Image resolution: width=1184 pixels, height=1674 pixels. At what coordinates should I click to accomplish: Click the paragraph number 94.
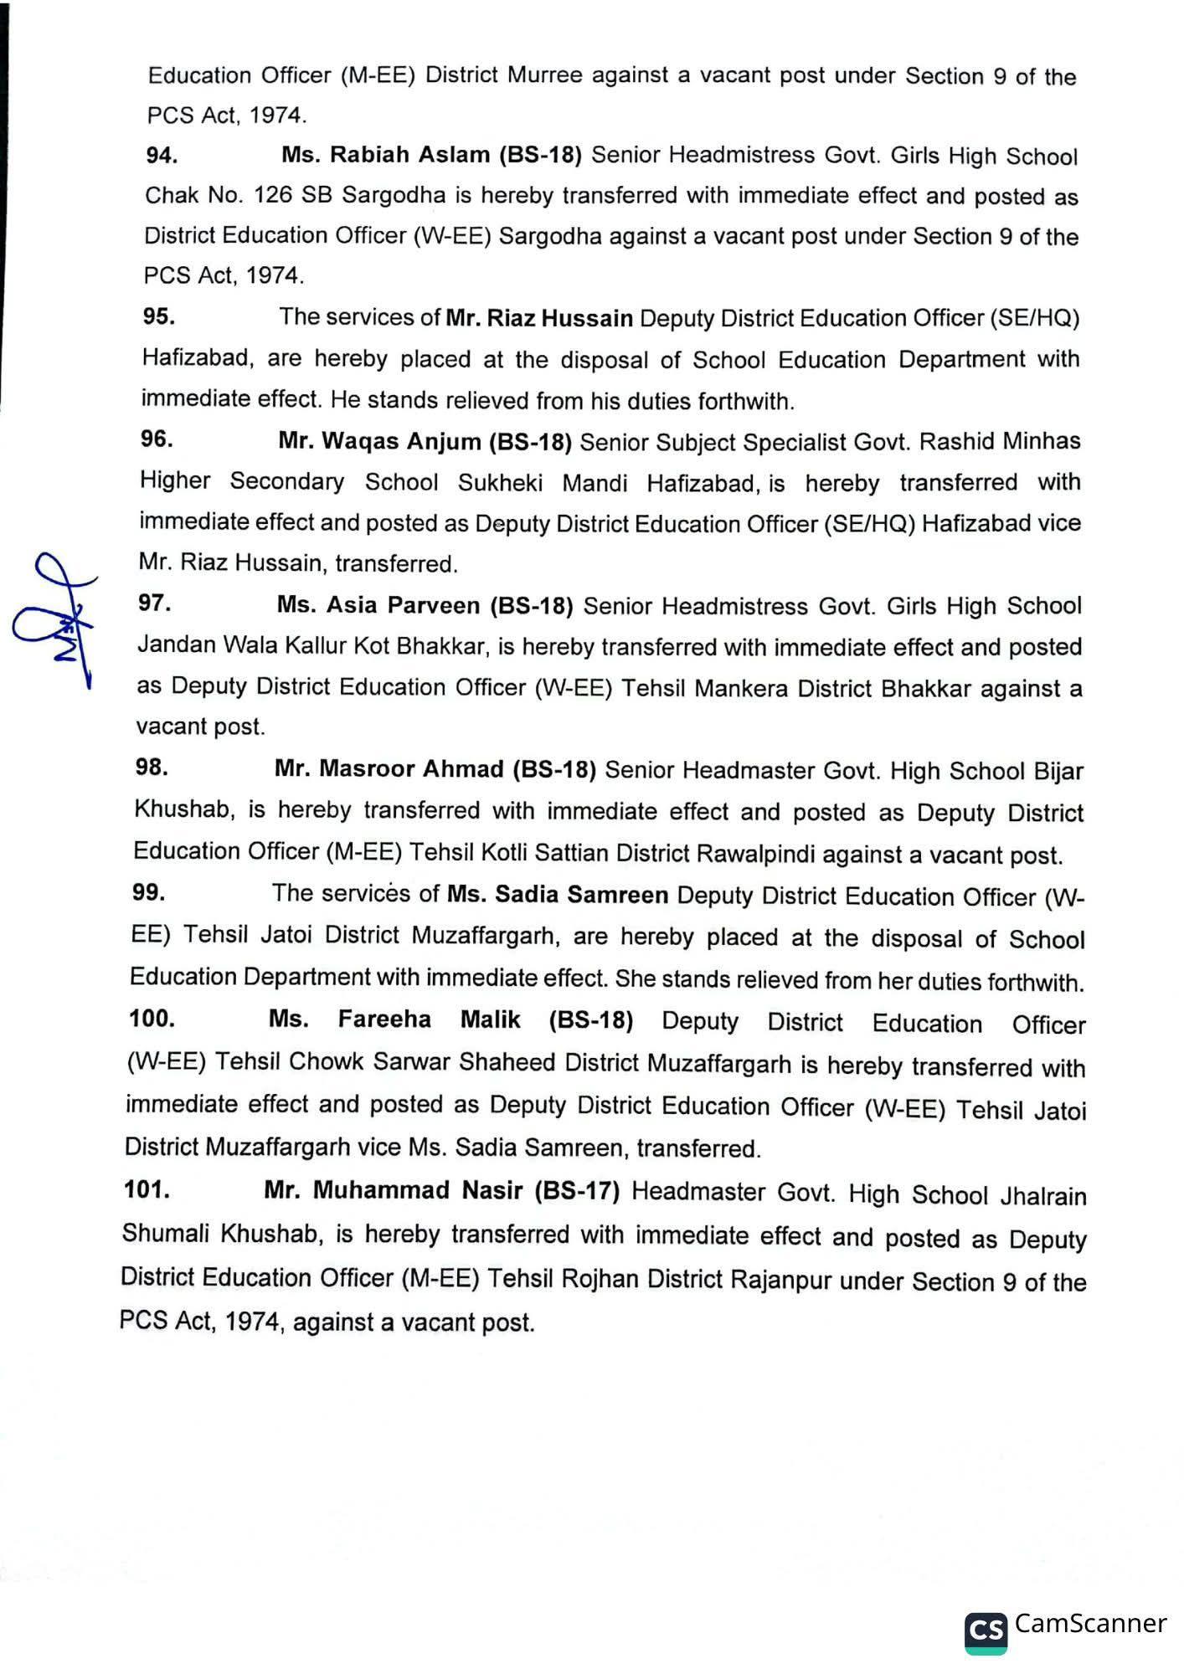161,155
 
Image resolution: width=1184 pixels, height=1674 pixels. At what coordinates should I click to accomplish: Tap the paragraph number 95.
158,316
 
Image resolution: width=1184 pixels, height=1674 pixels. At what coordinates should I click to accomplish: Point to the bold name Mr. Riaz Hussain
539,319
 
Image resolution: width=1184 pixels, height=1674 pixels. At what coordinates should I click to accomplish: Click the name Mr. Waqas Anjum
379,441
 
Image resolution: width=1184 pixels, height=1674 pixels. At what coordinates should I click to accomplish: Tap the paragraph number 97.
155,603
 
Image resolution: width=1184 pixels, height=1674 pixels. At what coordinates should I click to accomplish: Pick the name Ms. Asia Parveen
378,605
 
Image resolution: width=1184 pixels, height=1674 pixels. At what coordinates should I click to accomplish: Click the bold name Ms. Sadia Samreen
558,895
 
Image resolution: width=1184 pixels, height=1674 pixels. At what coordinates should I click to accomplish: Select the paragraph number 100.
152,1019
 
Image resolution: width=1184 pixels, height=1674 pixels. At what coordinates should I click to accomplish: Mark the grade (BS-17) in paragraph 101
577,1191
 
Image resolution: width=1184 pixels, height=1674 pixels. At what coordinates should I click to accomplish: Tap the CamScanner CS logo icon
986,1631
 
